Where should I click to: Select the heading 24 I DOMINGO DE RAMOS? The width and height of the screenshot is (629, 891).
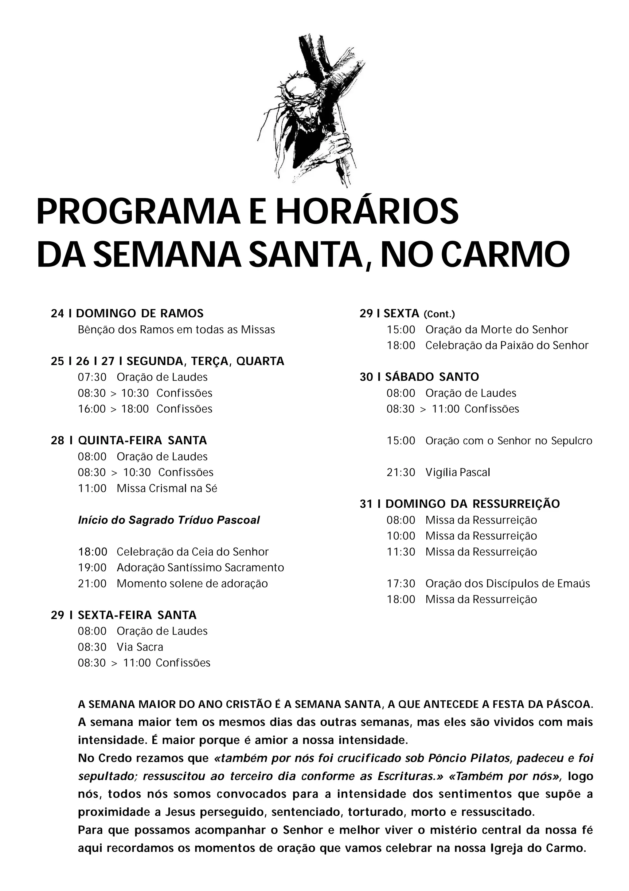[127, 313]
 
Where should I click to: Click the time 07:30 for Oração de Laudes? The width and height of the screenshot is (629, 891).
[92, 377]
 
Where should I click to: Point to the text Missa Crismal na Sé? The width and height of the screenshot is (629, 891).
[167, 488]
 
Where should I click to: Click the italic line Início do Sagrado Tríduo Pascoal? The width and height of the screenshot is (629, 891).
[169, 520]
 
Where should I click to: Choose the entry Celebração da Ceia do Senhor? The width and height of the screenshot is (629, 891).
[193, 552]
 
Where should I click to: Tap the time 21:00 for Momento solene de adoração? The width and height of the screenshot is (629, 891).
[92, 583]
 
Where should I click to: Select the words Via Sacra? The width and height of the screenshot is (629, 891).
[140, 647]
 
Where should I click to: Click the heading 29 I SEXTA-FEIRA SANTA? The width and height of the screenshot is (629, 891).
[124, 615]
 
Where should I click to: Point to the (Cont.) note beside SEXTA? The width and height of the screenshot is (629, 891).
[439, 314]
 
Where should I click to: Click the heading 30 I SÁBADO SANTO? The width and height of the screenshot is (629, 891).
[419, 377]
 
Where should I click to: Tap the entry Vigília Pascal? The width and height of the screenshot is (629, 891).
[457, 472]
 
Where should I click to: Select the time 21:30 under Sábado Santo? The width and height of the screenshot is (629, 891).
[401, 472]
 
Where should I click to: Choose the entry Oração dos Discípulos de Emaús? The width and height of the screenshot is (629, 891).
[507, 583]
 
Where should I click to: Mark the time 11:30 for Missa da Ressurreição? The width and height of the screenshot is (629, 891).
[401, 552]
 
